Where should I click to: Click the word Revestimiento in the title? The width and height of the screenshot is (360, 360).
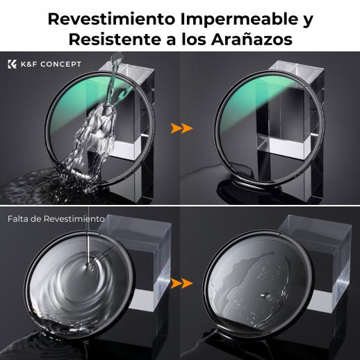pyautogui.click(x=111, y=19)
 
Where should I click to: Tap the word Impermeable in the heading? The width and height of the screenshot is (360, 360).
pyautogui.click(x=239, y=19)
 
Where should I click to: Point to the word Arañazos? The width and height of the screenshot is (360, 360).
pyautogui.click(x=252, y=40)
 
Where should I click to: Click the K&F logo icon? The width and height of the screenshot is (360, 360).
pyautogui.click(x=12, y=64)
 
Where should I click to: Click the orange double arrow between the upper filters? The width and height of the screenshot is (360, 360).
pyautogui.click(x=181, y=128)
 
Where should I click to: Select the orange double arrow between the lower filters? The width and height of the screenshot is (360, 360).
pyautogui.click(x=181, y=284)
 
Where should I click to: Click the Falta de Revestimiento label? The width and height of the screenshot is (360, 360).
pyautogui.click(x=56, y=219)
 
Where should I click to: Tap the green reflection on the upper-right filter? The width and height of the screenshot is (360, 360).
pyautogui.click(x=252, y=99)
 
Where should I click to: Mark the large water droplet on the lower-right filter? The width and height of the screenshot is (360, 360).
pyautogui.click(x=266, y=295)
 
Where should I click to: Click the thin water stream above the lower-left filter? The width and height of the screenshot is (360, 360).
pyautogui.click(x=88, y=236)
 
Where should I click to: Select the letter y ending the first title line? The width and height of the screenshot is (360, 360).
pyautogui.click(x=309, y=22)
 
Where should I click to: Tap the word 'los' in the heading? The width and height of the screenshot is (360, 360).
pyautogui.click(x=194, y=40)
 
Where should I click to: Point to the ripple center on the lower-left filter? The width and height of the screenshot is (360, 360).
pyautogui.click(x=88, y=266)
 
